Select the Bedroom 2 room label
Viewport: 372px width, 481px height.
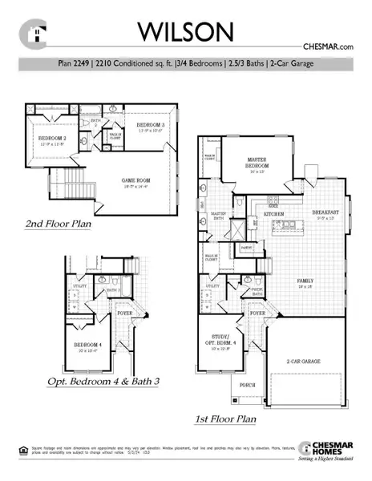[x=50, y=140]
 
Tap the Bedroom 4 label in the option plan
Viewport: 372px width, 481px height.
[x=86, y=346]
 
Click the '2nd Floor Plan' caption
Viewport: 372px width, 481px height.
[x=57, y=224]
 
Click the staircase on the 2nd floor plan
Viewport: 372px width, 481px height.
[x=74, y=176]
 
